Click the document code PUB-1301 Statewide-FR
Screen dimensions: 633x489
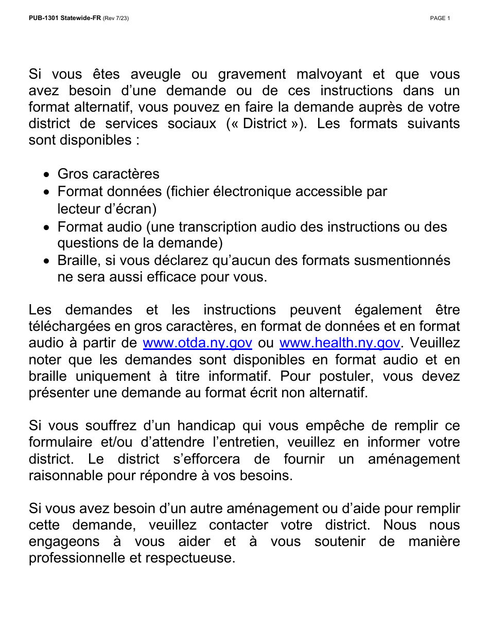65,19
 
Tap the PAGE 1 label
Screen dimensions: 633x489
440,19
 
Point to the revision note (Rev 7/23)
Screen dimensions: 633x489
116,19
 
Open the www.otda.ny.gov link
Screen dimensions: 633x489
197,343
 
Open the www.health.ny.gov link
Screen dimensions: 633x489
339,343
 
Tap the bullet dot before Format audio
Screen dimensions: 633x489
47,227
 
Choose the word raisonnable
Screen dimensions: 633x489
66,476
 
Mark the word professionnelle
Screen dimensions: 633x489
79,558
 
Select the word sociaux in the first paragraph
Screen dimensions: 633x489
191,124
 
